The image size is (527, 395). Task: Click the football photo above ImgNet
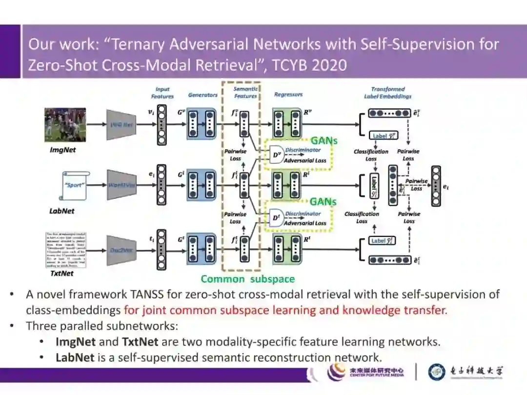pyautogui.click(x=65, y=125)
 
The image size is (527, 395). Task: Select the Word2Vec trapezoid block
pyautogui.click(x=121, y=185)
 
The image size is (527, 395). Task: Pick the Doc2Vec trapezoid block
pyautogui.click(x=121, y=250)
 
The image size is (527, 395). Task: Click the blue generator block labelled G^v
pyautogui.click(x=202, y=125)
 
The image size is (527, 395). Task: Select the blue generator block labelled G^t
pyautogui.click(x=202, y=250)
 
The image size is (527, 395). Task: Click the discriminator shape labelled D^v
pyautogui.click(x=276, y=155)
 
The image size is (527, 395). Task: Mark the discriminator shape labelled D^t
pyautogui.click(x=276, y=218)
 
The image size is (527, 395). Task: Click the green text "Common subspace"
pyautogui.click(x=248, y=279)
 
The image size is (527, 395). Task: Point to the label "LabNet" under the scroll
pyautogui.click(x=62, y=211)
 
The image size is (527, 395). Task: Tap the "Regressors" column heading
pyautogui.click(x=288, y=95)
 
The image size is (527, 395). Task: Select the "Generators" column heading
pyautogui.click(x=203, y=95)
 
